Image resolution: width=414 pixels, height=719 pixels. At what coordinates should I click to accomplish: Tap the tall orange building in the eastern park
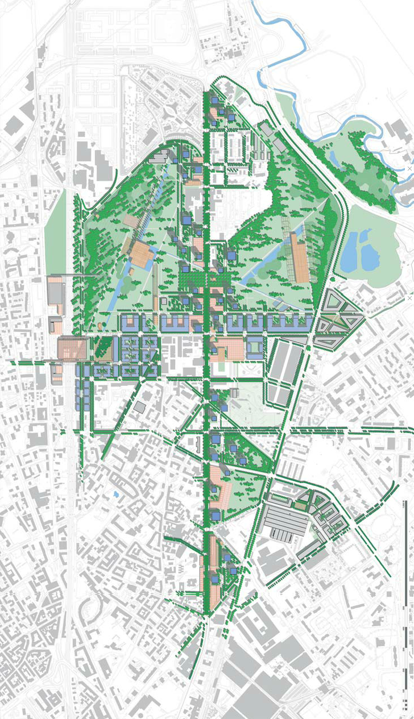click(x=300, y=259)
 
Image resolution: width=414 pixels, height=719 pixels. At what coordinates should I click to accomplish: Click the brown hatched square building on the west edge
click(x=72, y=348)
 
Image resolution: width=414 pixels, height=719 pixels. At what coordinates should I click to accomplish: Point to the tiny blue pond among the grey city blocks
click(x=116, y=494)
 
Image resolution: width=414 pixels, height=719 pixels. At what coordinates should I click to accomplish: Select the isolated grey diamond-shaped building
click(x=140, y=407)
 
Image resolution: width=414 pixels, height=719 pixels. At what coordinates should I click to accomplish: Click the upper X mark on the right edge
click(x=409, y=169)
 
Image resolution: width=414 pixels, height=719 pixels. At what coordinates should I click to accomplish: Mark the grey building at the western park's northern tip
click(x=157, y=160)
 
